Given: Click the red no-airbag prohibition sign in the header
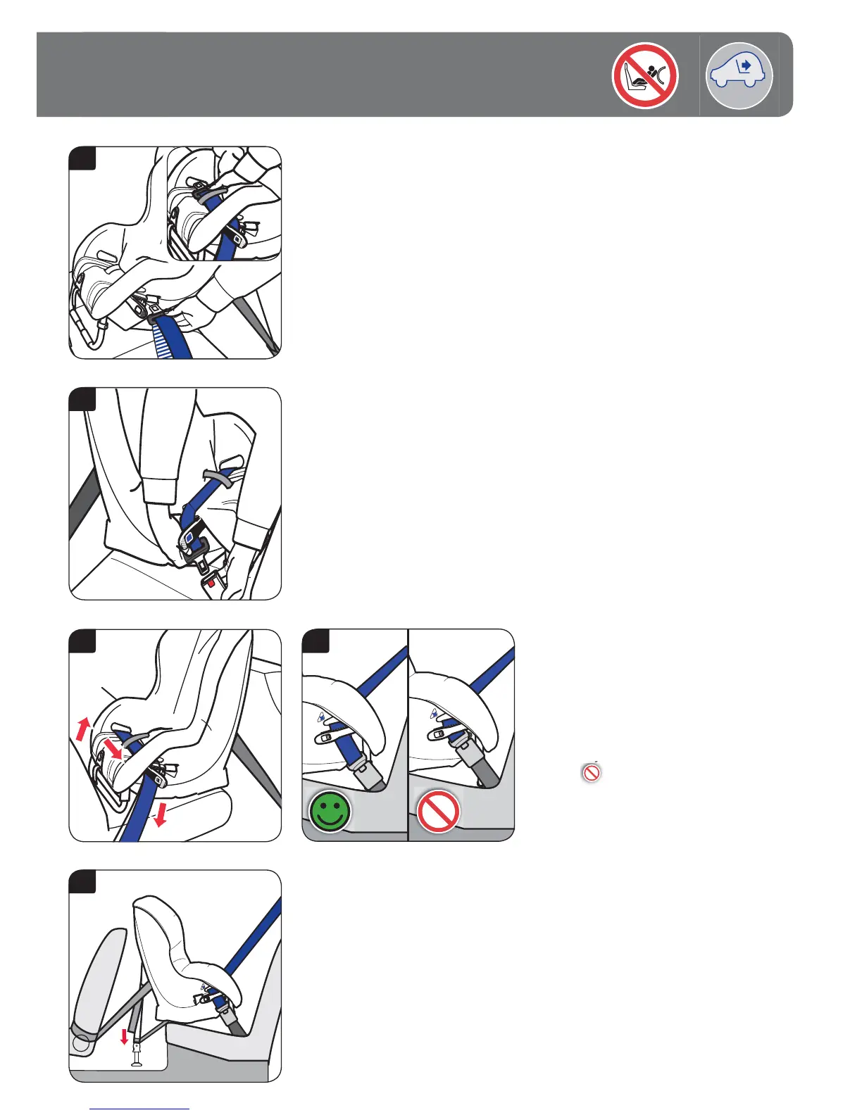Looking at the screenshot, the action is coord(644,75).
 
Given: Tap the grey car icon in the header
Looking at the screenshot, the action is coord(739,75).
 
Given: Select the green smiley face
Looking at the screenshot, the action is coord(329,811).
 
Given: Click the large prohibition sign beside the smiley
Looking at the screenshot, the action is coord(438,811).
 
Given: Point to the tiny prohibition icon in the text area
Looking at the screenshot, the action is coord(592,773).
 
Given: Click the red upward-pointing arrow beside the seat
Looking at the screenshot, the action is coord(83,728).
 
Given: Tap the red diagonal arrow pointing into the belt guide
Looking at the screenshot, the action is coord(111,748).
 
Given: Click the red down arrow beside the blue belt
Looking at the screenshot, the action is coord(161,816).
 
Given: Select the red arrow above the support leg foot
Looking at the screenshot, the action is coord(125,1036).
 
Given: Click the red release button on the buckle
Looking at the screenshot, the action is coord(211,583).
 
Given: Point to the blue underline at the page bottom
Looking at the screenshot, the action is coord(140,1109).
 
